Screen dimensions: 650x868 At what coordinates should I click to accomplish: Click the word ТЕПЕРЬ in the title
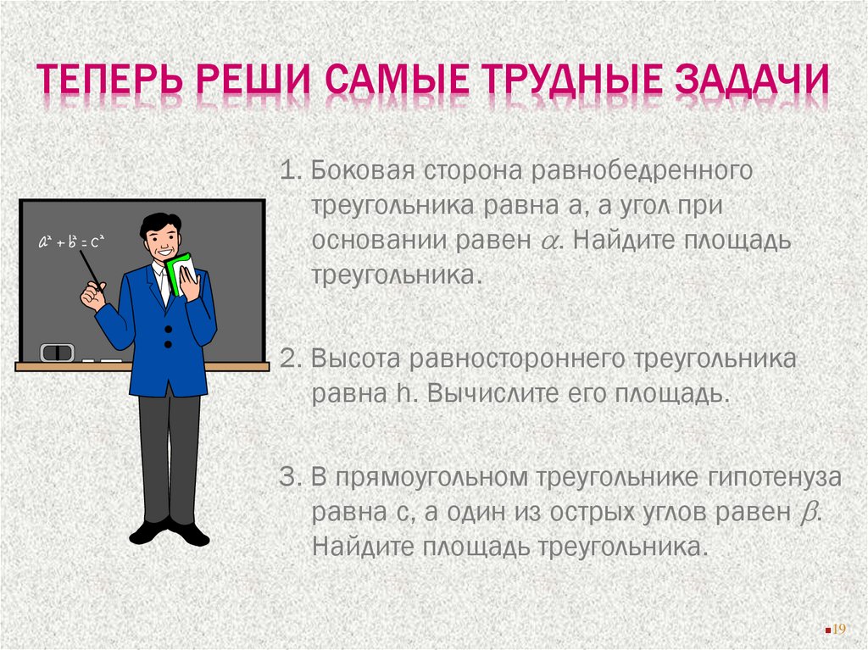[109, 85]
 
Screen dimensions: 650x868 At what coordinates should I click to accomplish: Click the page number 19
[840, 628]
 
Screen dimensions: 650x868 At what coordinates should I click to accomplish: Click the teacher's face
[162, 241]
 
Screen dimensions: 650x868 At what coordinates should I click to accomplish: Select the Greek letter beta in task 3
[806, 514]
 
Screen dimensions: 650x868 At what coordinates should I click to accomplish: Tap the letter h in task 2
[403, 394]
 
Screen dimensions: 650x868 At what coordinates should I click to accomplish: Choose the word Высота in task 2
[355, 359]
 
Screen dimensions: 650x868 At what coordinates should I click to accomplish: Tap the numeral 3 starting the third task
[286, 478]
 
